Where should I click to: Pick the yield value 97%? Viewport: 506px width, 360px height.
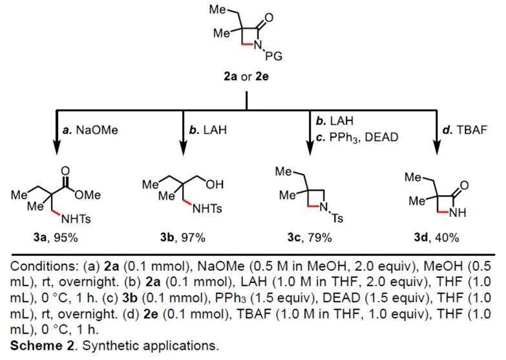(193, 237)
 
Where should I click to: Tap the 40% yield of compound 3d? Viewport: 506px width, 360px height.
(447, 237)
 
